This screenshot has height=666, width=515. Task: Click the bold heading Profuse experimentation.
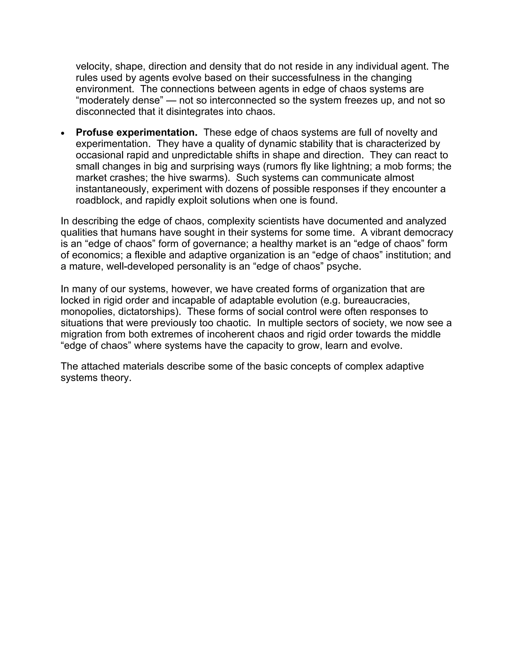[x=136, y=133]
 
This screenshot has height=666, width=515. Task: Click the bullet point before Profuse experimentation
[x=63, y=133]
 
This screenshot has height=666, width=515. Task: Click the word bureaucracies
[x=376, y=301]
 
